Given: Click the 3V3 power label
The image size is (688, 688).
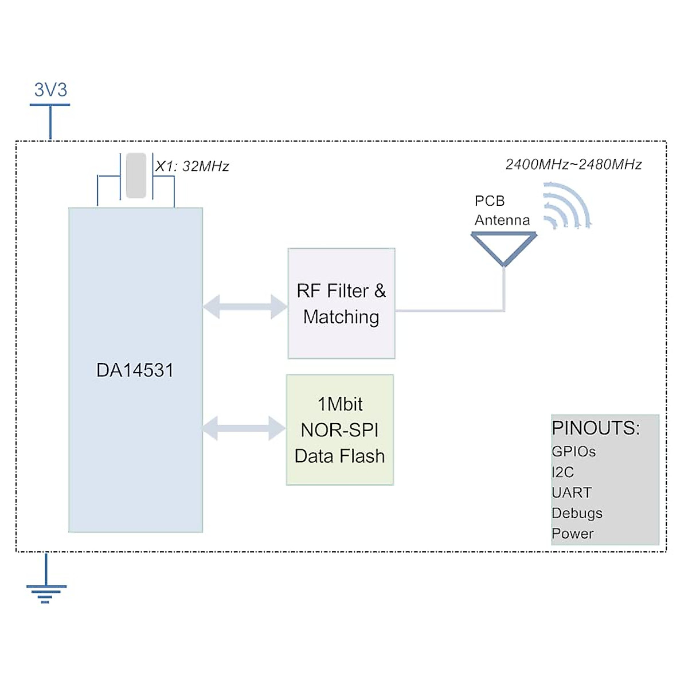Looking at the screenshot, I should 50,90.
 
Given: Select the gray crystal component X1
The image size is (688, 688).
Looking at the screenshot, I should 136,175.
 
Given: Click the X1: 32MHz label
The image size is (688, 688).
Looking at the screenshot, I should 192,166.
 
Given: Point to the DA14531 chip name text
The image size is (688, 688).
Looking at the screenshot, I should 135,370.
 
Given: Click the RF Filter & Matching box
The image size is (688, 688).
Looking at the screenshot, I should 341,304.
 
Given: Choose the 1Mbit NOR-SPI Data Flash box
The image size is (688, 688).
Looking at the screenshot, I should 340,430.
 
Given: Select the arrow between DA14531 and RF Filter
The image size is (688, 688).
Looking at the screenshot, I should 245,306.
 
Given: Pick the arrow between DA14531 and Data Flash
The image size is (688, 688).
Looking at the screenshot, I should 244,428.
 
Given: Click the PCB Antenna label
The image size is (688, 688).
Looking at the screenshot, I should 502,210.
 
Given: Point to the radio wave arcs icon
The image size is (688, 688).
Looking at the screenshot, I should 566,205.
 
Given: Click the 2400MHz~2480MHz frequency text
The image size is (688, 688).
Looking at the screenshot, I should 573,165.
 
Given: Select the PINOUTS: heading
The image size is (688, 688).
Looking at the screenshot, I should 596,428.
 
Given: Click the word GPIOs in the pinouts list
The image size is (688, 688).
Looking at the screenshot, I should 573,452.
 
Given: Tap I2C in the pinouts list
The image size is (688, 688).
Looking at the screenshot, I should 562,472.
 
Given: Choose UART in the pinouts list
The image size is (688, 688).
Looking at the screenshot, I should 571,492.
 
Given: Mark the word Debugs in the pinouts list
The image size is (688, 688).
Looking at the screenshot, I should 577,513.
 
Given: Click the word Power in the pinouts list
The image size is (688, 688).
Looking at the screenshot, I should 572,534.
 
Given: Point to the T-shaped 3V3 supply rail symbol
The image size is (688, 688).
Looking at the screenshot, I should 50,118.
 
